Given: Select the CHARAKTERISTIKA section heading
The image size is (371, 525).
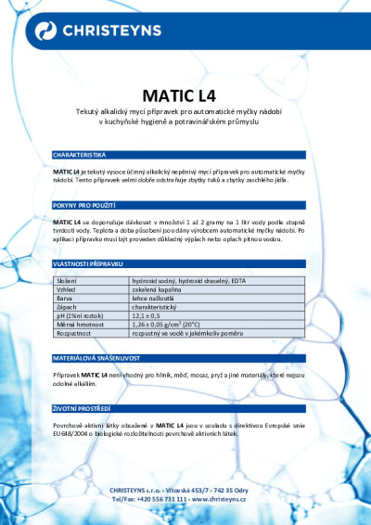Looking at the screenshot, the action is (80, 154).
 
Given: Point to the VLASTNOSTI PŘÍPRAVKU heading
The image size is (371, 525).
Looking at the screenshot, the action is (88, 264).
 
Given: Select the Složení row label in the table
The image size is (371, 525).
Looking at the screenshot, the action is (67, 280).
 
